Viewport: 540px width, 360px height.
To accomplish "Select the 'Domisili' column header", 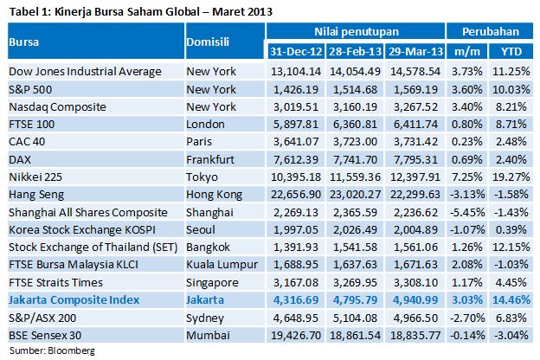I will tap(210, 42).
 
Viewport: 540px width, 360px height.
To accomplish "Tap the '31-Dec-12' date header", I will tap(295, 51).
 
